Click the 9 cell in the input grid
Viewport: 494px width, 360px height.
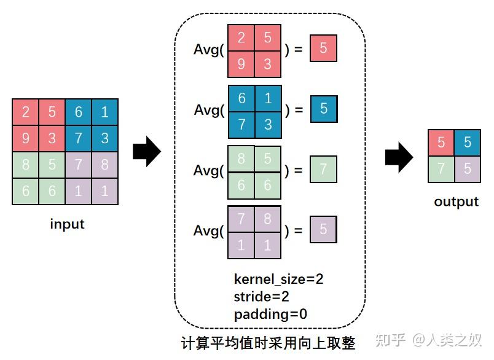(25, 138)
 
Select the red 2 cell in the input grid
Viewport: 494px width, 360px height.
(25, 112)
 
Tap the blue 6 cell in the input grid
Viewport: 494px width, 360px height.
(78, 112)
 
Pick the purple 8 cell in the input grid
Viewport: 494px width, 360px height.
(104, 165)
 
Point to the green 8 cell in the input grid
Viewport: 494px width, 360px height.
(25, 165)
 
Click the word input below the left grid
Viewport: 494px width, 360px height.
(67, 224)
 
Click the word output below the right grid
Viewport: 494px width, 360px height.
(456, 202)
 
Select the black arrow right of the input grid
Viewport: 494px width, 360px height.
(147, 152)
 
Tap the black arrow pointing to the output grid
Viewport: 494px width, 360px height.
(399, 157)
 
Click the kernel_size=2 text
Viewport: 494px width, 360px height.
(278, 279)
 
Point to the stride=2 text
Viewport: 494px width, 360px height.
(262, 297)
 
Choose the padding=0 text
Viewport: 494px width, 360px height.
(270, 315)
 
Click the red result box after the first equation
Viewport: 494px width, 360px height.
(323, 49)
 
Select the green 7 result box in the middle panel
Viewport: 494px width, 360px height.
(323, 169)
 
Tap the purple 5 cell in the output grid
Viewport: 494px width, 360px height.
(468, 168)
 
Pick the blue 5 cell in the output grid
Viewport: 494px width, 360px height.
(468, 143)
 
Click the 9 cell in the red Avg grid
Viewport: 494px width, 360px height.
(241, 64)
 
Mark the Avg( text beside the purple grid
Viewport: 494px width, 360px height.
(210, 231)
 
